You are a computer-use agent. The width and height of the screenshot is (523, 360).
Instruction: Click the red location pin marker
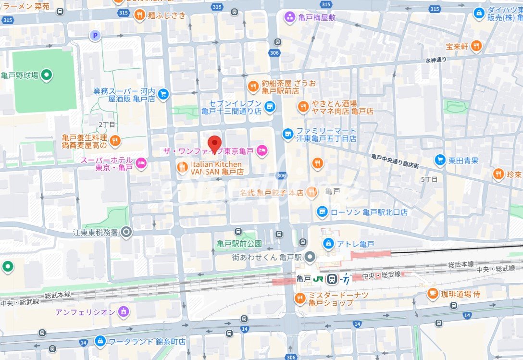(214, 143)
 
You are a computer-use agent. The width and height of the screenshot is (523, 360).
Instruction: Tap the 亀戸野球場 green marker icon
(47, 74)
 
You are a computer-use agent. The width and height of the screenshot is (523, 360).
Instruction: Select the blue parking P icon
(95, 35)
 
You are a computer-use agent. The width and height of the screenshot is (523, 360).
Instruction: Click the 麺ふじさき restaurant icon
(139, 15)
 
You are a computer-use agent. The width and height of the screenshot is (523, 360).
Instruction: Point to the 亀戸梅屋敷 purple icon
(290, 18)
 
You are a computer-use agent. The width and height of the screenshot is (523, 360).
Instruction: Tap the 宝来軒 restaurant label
(457, 47)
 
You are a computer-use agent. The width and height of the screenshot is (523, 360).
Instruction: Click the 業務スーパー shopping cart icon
(163, 94)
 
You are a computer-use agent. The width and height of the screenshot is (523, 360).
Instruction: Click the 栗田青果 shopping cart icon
(439, 161)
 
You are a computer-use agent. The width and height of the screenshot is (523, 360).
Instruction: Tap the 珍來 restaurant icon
(498, 174)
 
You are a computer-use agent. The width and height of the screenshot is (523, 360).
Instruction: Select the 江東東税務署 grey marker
(126, 233)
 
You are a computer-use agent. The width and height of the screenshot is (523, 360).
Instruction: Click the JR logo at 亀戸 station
(318, 279)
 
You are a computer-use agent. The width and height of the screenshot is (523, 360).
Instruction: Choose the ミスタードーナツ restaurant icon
(300, 298)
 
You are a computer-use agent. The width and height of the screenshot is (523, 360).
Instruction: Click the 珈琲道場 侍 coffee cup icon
(433, 294)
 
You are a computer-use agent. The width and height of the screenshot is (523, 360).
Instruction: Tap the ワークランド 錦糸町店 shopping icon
(100, 341)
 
